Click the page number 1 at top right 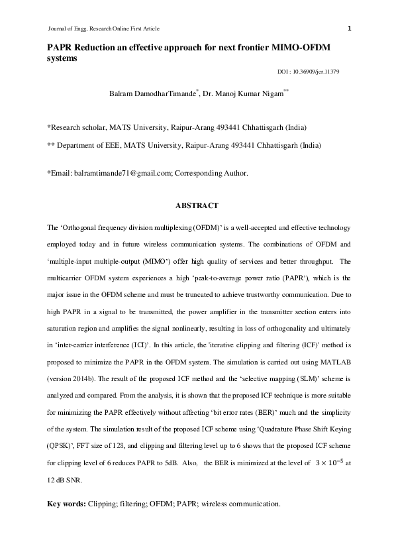coord(349,28)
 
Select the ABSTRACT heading coord(197,206)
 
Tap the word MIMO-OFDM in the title coord(296,47)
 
